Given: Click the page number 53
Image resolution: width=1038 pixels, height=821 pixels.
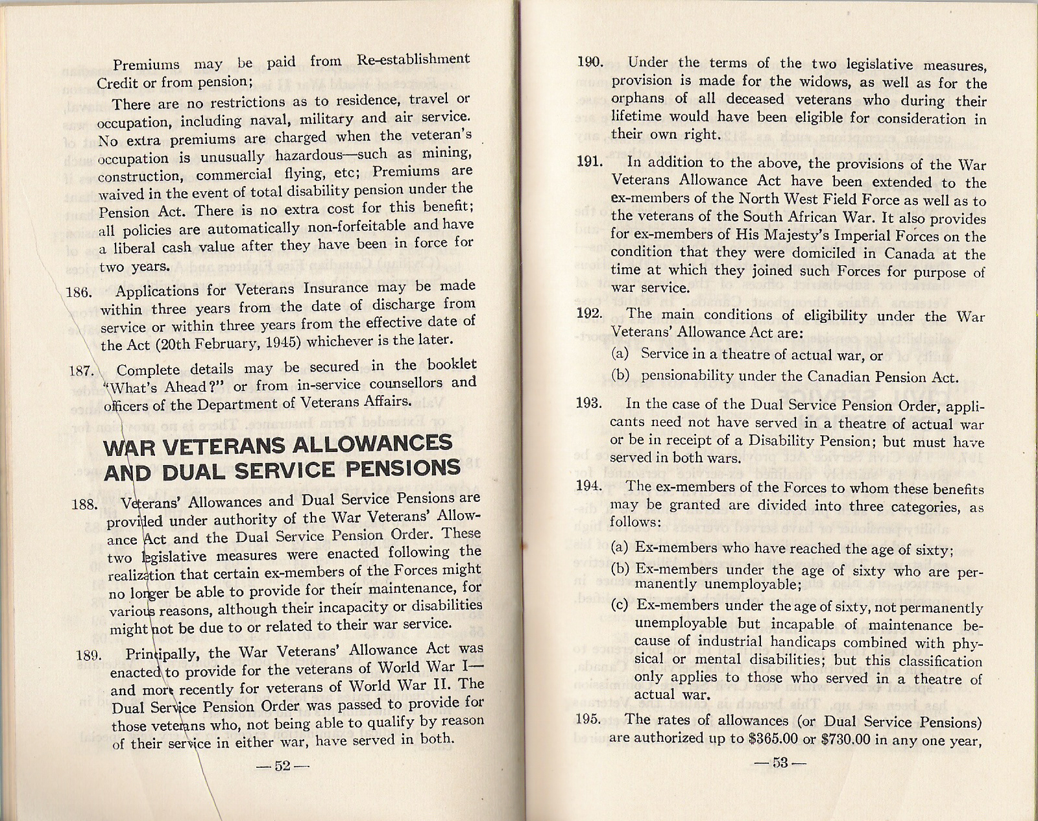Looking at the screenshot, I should pos(779,763).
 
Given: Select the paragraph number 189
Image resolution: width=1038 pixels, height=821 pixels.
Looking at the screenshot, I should pos(88,655).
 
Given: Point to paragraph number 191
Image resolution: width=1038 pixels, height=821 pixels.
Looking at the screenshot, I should pos(589,161).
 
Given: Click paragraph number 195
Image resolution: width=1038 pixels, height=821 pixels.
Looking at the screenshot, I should pos(588,719).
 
